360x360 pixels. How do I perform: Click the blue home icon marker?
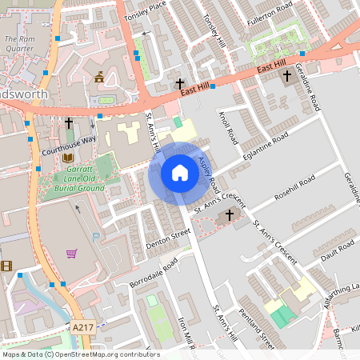coord(180,173)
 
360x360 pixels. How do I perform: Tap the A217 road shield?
coord(83,327)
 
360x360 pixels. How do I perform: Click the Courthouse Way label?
coord(68,139)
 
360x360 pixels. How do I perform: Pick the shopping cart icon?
coord(72,254)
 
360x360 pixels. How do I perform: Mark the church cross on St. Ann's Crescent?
coord(230,214)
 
